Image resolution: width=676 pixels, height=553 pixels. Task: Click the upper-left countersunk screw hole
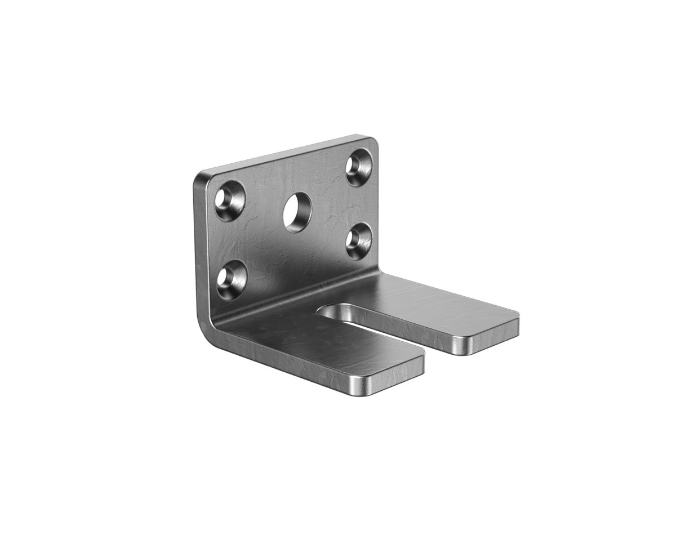230,200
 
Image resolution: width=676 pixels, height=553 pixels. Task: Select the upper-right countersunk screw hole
359,166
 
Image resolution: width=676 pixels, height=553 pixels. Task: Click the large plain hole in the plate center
297,212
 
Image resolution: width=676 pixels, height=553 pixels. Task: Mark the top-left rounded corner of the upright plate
202,177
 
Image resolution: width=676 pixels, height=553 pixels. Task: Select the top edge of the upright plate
282,153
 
